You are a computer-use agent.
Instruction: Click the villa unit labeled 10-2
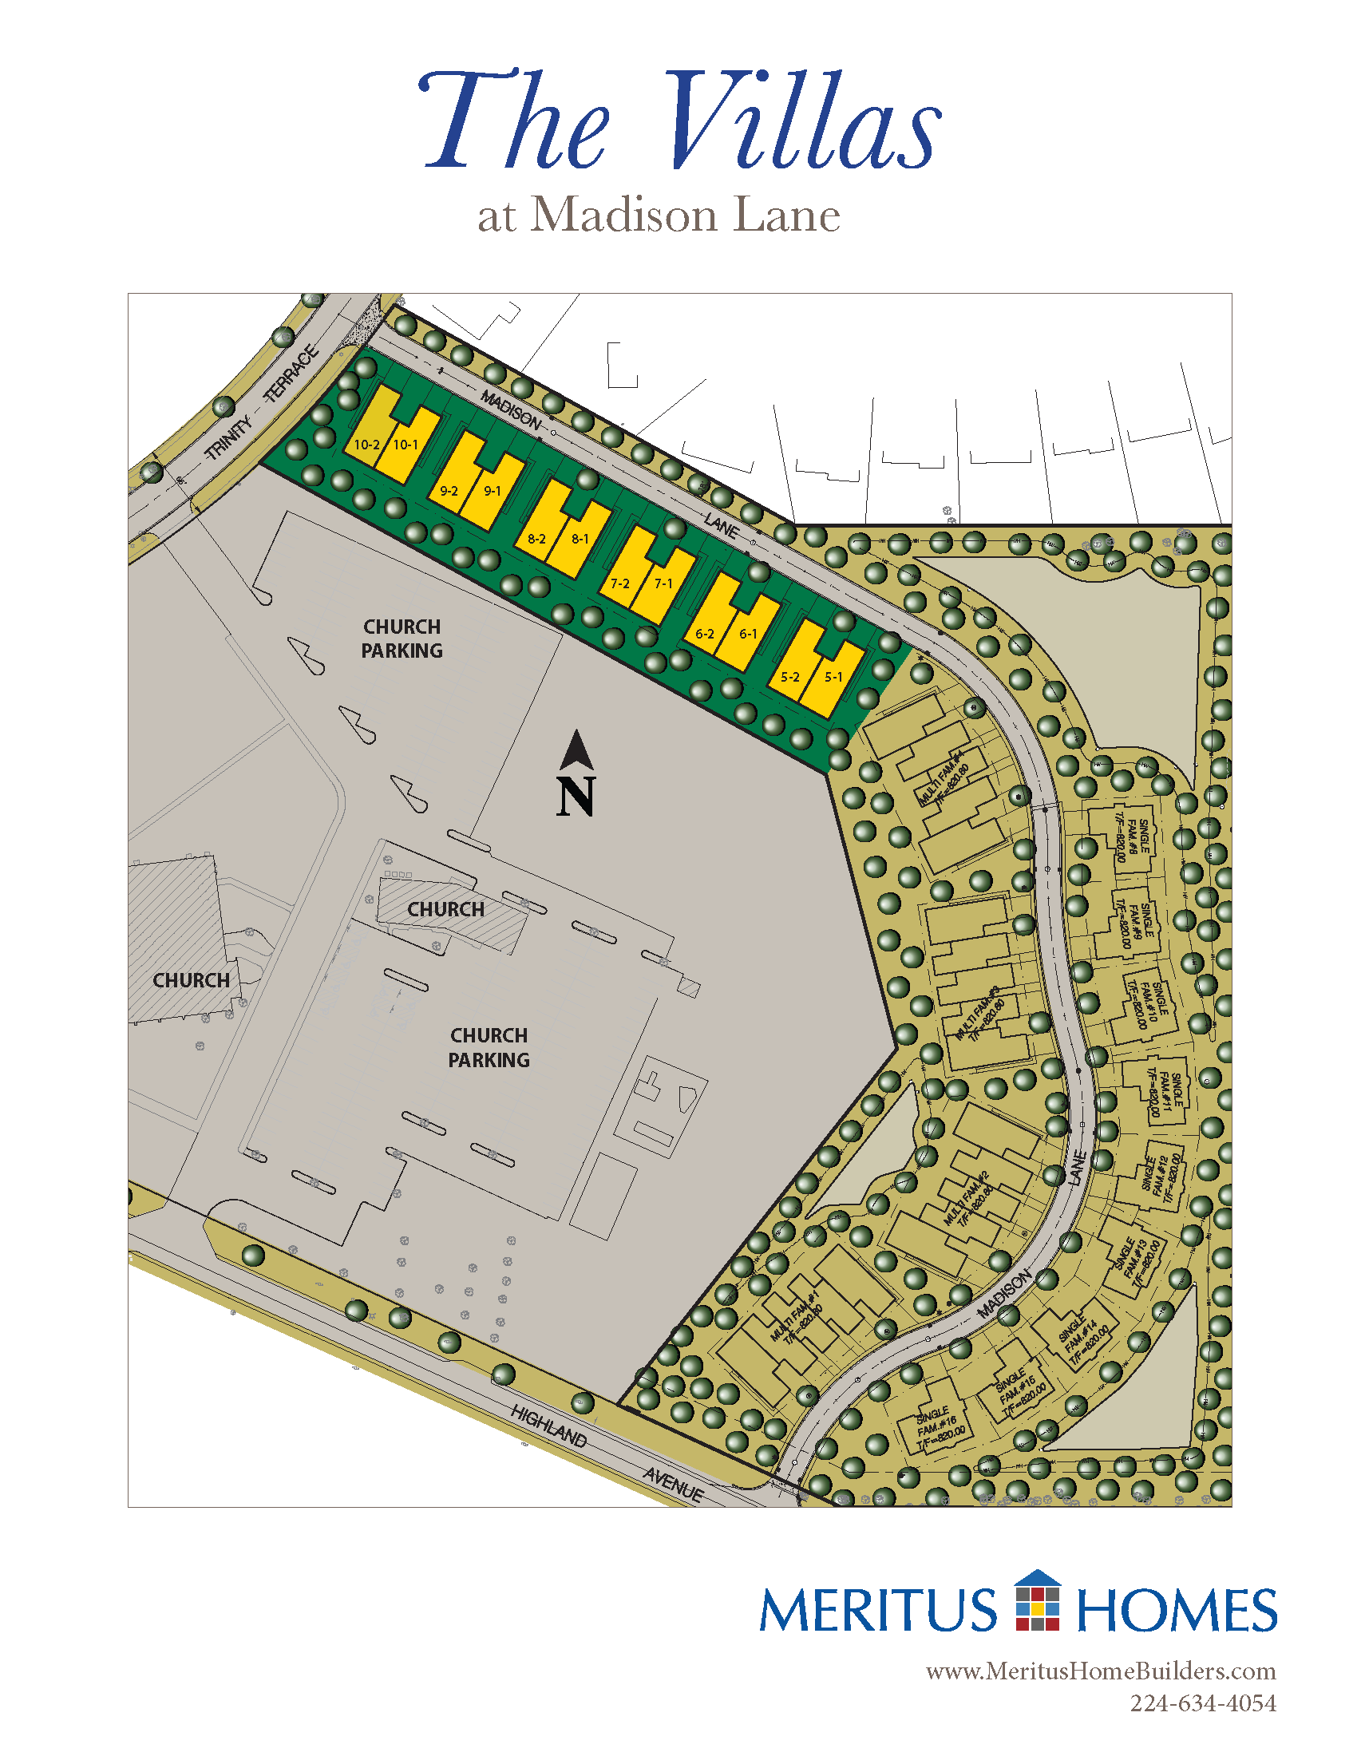[366, 445]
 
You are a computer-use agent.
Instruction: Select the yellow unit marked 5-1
[833, 677]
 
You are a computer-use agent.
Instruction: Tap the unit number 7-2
[619, 583]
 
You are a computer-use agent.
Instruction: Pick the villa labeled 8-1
[580, 539]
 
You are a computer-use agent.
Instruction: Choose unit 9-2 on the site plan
[449, 490]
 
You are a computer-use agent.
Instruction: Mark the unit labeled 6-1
[748, 634]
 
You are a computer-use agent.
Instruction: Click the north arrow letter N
[576, 796]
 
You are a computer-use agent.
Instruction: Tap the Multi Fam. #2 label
[969, 1200]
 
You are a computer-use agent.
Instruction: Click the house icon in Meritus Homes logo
[1038, 1600]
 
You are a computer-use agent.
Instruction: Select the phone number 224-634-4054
[1203, 1703]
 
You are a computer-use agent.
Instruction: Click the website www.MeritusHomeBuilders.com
[1101, 1671]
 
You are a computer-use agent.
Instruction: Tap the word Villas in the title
[801, 122]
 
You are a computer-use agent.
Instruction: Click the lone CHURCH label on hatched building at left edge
[192, 980]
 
